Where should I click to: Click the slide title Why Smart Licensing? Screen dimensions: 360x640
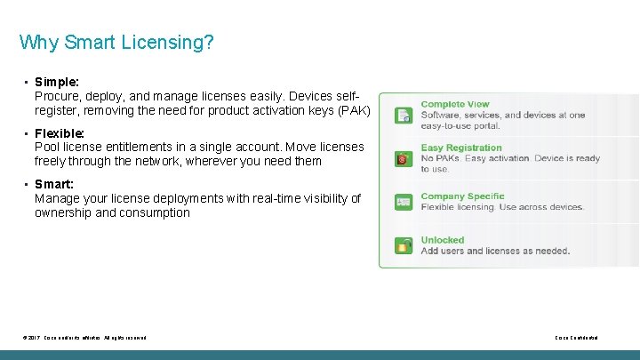coord(116,43)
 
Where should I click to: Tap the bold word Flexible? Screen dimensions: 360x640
coord(60,133)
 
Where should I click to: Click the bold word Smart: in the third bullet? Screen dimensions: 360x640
coord(54,184)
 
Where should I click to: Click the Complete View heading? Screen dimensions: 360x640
coord(455,104)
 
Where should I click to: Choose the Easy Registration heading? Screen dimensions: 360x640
coord(461,148)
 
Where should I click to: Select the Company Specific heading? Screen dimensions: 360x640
coord(462,196)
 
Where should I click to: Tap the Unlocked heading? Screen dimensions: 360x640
coord(443,240)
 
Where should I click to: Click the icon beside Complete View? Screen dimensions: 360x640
coord(404,115)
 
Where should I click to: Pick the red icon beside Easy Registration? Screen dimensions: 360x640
coord(404,159)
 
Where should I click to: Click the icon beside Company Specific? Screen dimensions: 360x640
coord(404,203)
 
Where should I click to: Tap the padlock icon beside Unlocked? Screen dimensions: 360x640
coord(404,245)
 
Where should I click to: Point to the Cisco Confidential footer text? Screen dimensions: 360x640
coord(576,338)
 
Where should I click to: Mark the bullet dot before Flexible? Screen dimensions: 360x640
coord(27,133)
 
